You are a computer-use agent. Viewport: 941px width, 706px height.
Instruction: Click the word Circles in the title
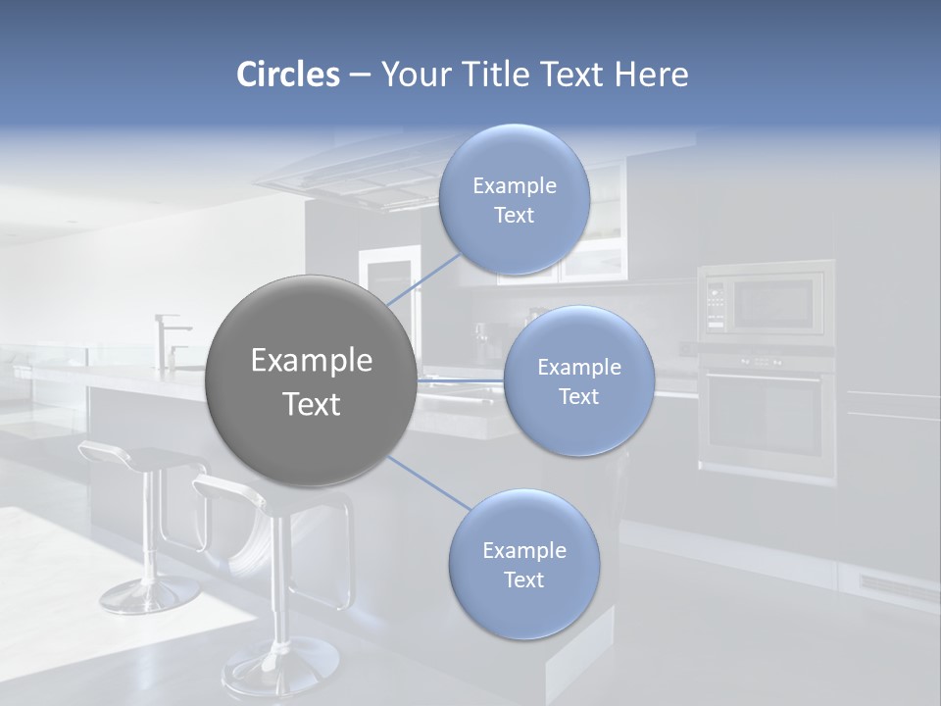[x=288, y=75]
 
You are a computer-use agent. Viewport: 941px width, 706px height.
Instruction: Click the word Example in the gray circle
[x=311, y=361]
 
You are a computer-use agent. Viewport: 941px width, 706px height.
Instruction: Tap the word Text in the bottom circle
[x=523, y=580]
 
